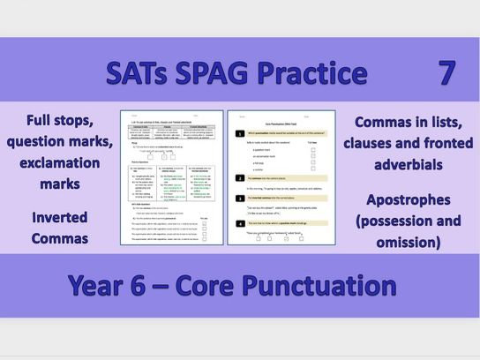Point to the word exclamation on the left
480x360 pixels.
click(x=58, y=161)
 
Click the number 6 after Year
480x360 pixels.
click(x=157, y=286)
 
